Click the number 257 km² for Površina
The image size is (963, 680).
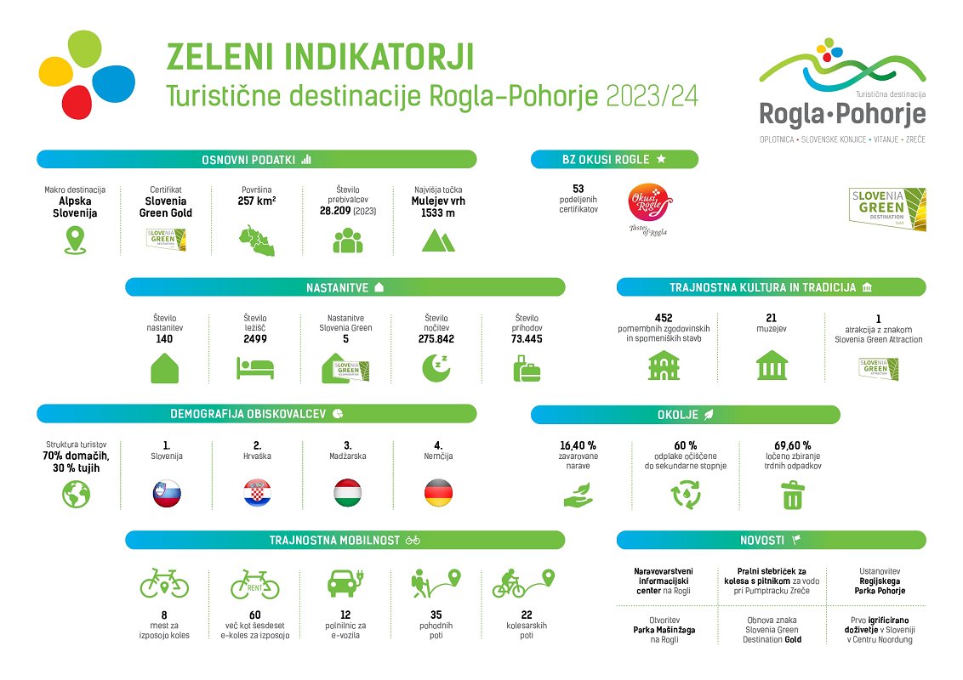coord(257,201)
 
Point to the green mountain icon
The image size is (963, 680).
coord(438,241)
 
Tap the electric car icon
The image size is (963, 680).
coord(345,583)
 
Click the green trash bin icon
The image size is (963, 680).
coord(793,496)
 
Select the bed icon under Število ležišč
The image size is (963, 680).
coord(255,369)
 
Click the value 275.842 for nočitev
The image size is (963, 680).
coord(436,339)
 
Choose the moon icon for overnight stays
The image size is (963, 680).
coord(436,368)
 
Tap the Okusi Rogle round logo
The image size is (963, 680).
coord(649,203)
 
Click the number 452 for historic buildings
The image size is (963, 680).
coord(664,318)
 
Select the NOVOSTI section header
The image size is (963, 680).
coord(772,540)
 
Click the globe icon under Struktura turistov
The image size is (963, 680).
coord(77,494)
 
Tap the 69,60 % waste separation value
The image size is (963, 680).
coord(792,445)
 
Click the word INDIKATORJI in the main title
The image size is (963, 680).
coord(379,58)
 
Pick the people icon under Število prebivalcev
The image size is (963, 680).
coord(348,241)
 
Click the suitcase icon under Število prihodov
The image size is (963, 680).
coord(527,369)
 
